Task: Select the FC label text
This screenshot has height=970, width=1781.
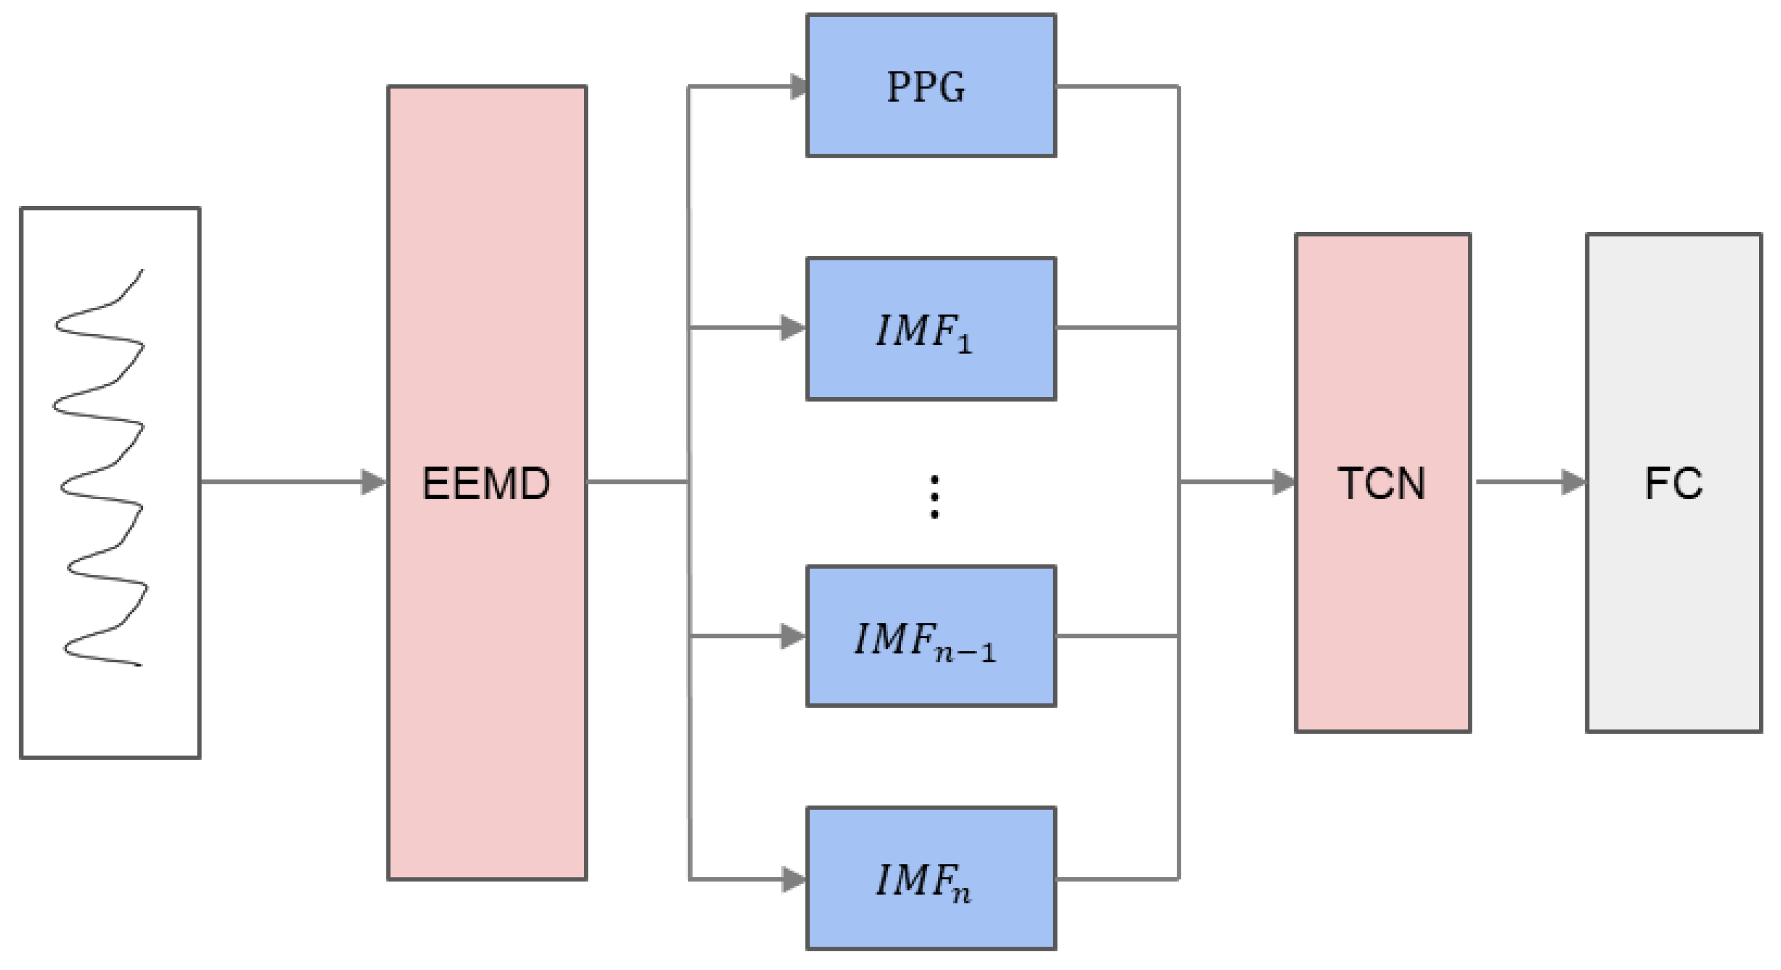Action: click(x=1673, y=483)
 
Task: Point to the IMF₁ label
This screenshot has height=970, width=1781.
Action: click(x=923, y=332)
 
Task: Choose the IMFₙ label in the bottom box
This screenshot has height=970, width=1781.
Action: click(x=923, y=882)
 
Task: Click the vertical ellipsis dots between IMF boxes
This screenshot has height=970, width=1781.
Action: click(x=934, y=497)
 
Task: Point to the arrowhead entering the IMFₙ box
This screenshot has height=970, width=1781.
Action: click(x=793, y=879)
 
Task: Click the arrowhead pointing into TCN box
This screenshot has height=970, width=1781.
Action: click(x=1284, y=482)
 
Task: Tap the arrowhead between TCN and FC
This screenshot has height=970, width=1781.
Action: click(x=1573, y=482)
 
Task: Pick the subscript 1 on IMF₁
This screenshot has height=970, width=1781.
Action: click(x=965, y=344)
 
